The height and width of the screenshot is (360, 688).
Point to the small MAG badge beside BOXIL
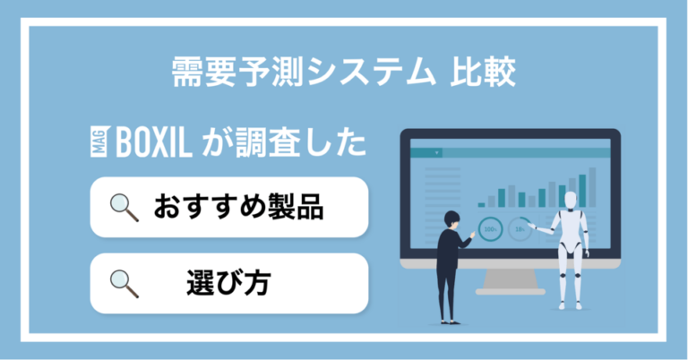click(x=99, y=142)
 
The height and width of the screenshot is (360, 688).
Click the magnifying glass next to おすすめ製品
click(x=124, y=208)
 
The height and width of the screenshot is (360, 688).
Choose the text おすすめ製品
click(x=237, y=208)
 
